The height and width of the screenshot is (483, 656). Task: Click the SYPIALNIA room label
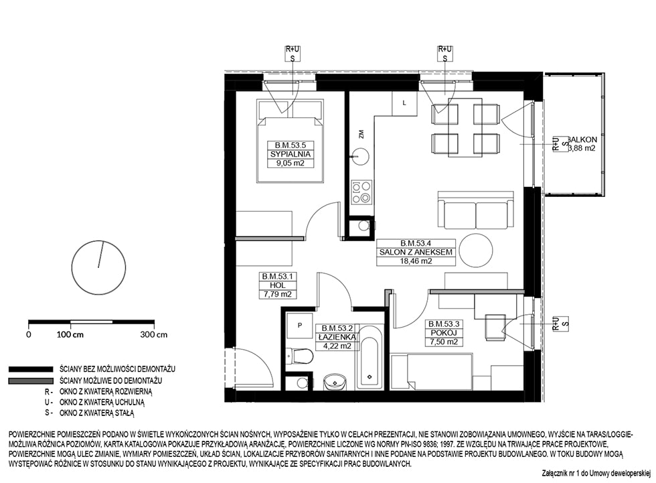click(x=291, y=154)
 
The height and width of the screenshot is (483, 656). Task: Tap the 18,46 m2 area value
click(x=416, y=261)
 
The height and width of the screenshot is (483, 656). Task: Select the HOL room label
click(x=277, y=285)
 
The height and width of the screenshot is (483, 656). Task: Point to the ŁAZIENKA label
click(x=337, y=337)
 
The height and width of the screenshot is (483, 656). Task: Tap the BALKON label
click(x=582, y=139)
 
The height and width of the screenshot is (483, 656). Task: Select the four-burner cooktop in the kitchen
click(x=361, y=192)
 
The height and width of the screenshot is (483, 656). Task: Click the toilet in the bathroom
click(x=300, y=356)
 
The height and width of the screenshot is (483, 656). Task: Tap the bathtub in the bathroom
click(x=369, y=358)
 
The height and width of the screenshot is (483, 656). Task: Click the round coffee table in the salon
click(x=476, y=250)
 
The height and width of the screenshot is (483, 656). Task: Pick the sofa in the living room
click(x=475, y=210)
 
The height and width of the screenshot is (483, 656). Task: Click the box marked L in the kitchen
click(x=404, y=103)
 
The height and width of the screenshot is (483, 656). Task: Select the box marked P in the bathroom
click(x=300, y=325)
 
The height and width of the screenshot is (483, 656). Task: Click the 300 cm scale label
click(x=154, y=335)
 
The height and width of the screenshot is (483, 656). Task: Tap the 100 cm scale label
click(x=70, y=335)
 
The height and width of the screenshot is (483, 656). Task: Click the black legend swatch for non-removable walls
click(x=31, y=370)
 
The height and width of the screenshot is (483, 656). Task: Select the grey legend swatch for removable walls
click(x=31, y=381)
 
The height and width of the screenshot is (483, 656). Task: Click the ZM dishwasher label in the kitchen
click(x=361, y=134)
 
